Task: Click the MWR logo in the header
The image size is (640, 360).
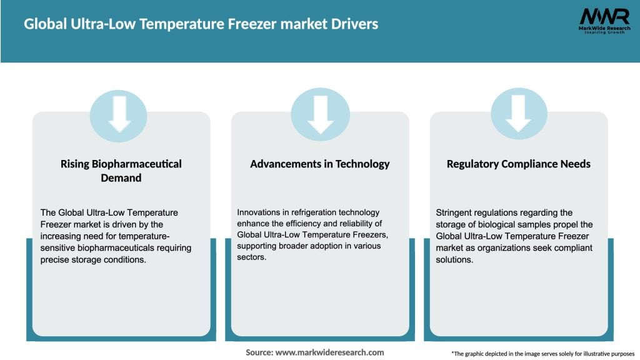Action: tap(604, 19)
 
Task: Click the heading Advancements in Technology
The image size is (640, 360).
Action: tap(320, 164)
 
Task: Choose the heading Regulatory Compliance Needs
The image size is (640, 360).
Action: tap(519, 164)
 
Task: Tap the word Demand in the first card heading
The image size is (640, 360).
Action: tap(121, 178)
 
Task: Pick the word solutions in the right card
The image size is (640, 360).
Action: tap(455, 260)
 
